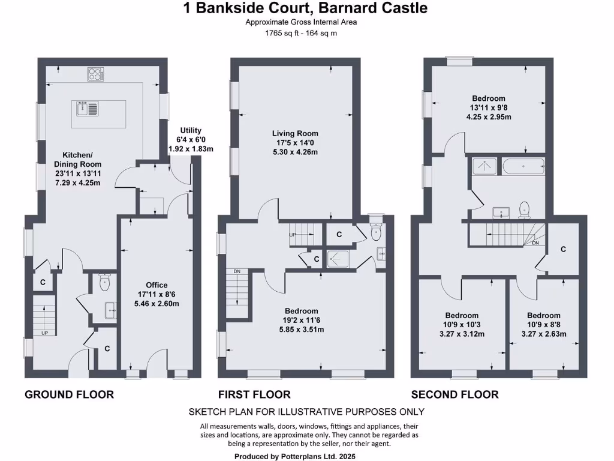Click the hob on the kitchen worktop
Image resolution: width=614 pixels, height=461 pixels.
pyautogui.click(x=95, y=74)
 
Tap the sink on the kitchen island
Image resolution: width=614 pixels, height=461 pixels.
pyautogui.click(x=83, y=109)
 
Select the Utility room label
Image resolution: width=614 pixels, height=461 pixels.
pyautogui.click(x=191, y=139)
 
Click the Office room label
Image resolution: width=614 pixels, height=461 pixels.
pyautogui.click(x=156, y=294)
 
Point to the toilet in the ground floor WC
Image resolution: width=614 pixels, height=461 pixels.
pyautogui.click(x=106, y=281)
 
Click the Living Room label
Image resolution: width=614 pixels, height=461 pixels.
pyautogui.click(x=295, y=143)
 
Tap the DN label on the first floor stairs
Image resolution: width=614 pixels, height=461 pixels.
pyautogui.click(x=237, y=271)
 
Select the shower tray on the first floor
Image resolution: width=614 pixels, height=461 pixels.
pyautogui.click(x=340, y=259)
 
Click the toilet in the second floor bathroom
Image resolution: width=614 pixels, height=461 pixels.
pyautogui.click(x=524, y=209)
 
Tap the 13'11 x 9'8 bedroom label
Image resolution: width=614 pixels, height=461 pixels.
pyautogui.click(x=488, y=107)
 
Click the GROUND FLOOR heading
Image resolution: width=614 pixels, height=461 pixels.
pyautogui.click(x=69, y=394)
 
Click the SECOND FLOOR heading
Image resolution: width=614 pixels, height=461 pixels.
pyautogui.click(x=455, y=394)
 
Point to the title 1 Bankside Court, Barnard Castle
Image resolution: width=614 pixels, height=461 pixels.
pyautogui.click(x=305, y=8)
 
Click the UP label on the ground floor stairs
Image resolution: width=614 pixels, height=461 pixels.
pyautogui.click(x=45, y=333)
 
